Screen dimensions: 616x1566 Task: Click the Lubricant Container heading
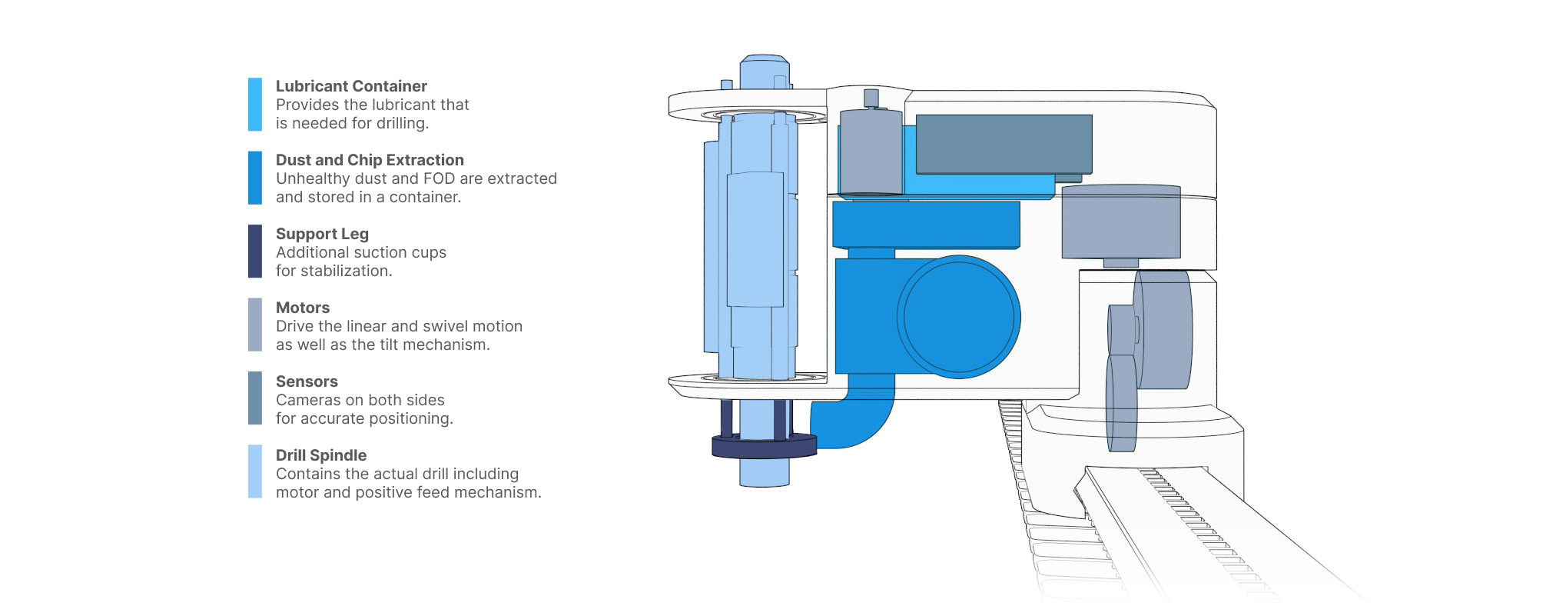coord(351,86)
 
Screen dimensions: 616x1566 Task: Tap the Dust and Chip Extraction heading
coord(370,160)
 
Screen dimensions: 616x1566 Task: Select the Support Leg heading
coord(322,234)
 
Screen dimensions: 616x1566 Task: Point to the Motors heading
coord(303,308)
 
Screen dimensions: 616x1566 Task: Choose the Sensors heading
coord(307,381)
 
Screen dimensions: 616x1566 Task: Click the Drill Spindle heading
coord(321,455)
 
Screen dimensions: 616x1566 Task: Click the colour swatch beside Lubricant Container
coord(255,104)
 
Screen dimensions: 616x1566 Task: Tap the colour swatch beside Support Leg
coord(255,251)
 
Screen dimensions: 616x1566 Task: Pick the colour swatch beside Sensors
coord(255,398)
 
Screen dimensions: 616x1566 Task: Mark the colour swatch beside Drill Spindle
coord(255,471)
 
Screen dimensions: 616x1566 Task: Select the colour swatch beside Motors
coord(255,325)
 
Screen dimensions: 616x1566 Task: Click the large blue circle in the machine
coord(958,317)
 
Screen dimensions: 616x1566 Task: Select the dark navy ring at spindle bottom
coord(764,447)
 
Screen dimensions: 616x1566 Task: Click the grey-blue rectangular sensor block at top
coord(1004,144)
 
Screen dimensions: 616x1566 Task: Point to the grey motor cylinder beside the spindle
coord(871,152)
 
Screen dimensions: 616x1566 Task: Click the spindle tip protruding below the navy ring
coord(764,473)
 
